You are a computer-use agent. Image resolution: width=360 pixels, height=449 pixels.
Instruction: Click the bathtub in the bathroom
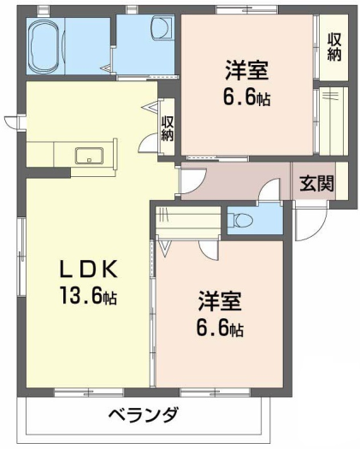click(45, 46)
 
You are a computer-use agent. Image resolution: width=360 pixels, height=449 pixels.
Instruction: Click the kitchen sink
click(89, 156)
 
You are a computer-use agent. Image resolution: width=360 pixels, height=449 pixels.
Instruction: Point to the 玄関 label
click(316, 183)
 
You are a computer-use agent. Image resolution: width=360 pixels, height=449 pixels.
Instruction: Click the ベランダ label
click(144, 415)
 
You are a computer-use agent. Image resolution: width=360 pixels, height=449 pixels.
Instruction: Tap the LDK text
click(88, 269)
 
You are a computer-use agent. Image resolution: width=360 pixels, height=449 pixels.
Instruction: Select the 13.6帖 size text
click(88, 295)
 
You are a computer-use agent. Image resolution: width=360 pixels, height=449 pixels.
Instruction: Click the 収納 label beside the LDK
click(168, 128)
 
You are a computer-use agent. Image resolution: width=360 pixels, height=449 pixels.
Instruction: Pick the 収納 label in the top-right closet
click(334, 48)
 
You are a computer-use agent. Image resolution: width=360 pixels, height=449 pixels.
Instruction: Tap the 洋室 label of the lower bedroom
click(220, 301)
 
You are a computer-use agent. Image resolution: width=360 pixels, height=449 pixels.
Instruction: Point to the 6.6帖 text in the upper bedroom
click(246, 97)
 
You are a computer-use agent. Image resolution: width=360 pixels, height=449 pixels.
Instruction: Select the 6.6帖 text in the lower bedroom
click(220, 328)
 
